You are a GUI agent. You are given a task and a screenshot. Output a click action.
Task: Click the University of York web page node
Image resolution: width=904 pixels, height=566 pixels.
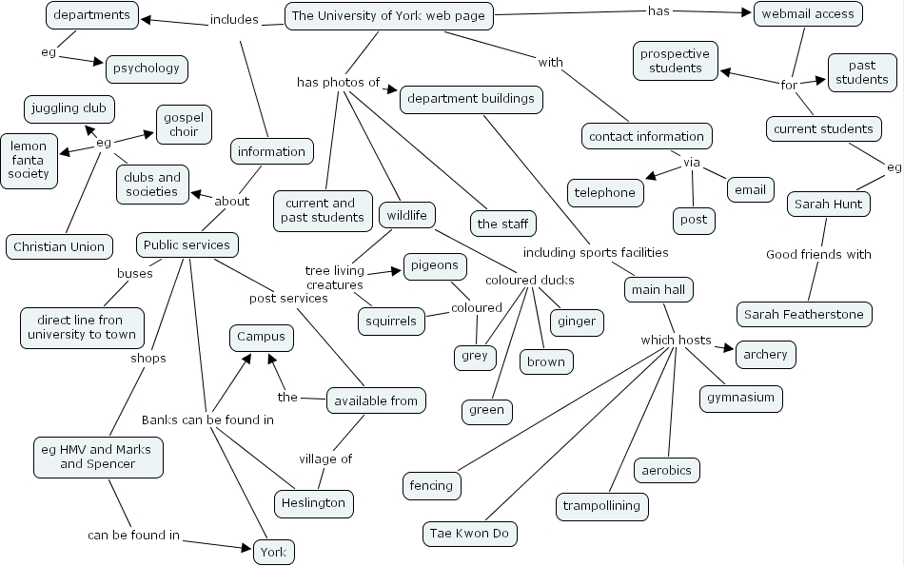tap(388, 16)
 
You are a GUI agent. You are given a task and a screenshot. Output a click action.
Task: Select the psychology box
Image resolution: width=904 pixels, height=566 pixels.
tap(147, 68)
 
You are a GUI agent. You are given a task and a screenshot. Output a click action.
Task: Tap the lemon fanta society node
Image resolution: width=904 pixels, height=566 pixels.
tap(29, 160)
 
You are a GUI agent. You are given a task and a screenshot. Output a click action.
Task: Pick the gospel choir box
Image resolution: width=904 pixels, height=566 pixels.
tap(184, 125)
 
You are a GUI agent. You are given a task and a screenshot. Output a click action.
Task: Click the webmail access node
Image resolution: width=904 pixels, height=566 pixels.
tap(809, 13)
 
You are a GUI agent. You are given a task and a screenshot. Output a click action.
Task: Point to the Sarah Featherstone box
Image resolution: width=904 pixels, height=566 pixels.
tap(804, 314)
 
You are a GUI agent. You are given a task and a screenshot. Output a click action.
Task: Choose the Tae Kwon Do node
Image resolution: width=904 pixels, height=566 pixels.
tap(470, 533)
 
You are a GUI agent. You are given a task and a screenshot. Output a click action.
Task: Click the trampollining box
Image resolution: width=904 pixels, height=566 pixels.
tap(601, 506)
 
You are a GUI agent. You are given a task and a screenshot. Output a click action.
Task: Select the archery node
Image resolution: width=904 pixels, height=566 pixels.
tap(765, 355)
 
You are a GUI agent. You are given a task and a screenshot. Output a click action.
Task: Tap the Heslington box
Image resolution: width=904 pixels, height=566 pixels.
tap(314, 503)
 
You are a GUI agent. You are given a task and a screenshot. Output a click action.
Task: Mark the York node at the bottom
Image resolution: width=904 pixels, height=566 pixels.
tap(274, 552)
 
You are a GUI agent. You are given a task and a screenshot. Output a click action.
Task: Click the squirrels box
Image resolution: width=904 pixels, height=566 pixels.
tap(391, 322)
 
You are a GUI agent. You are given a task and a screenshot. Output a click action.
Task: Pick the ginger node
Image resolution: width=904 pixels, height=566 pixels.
tap(577, 322)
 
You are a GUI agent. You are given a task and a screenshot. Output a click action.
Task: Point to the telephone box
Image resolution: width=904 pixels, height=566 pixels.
tap(605, 192)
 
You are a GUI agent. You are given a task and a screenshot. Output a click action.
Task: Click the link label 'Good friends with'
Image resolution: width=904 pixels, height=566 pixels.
tap(818, 254)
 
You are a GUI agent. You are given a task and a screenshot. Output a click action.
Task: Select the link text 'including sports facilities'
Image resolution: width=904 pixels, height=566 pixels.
tap(596, 252)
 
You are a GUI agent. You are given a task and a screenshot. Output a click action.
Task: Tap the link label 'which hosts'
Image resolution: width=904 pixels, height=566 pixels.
tap(676, 340)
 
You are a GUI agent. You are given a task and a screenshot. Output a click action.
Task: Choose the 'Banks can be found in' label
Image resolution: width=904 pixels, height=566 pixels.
tap(207, 420)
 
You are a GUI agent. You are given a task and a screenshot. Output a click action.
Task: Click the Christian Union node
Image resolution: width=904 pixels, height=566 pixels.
tap(59, 246)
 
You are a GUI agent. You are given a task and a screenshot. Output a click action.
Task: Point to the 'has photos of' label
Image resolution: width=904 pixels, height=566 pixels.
tap(338, 83)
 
